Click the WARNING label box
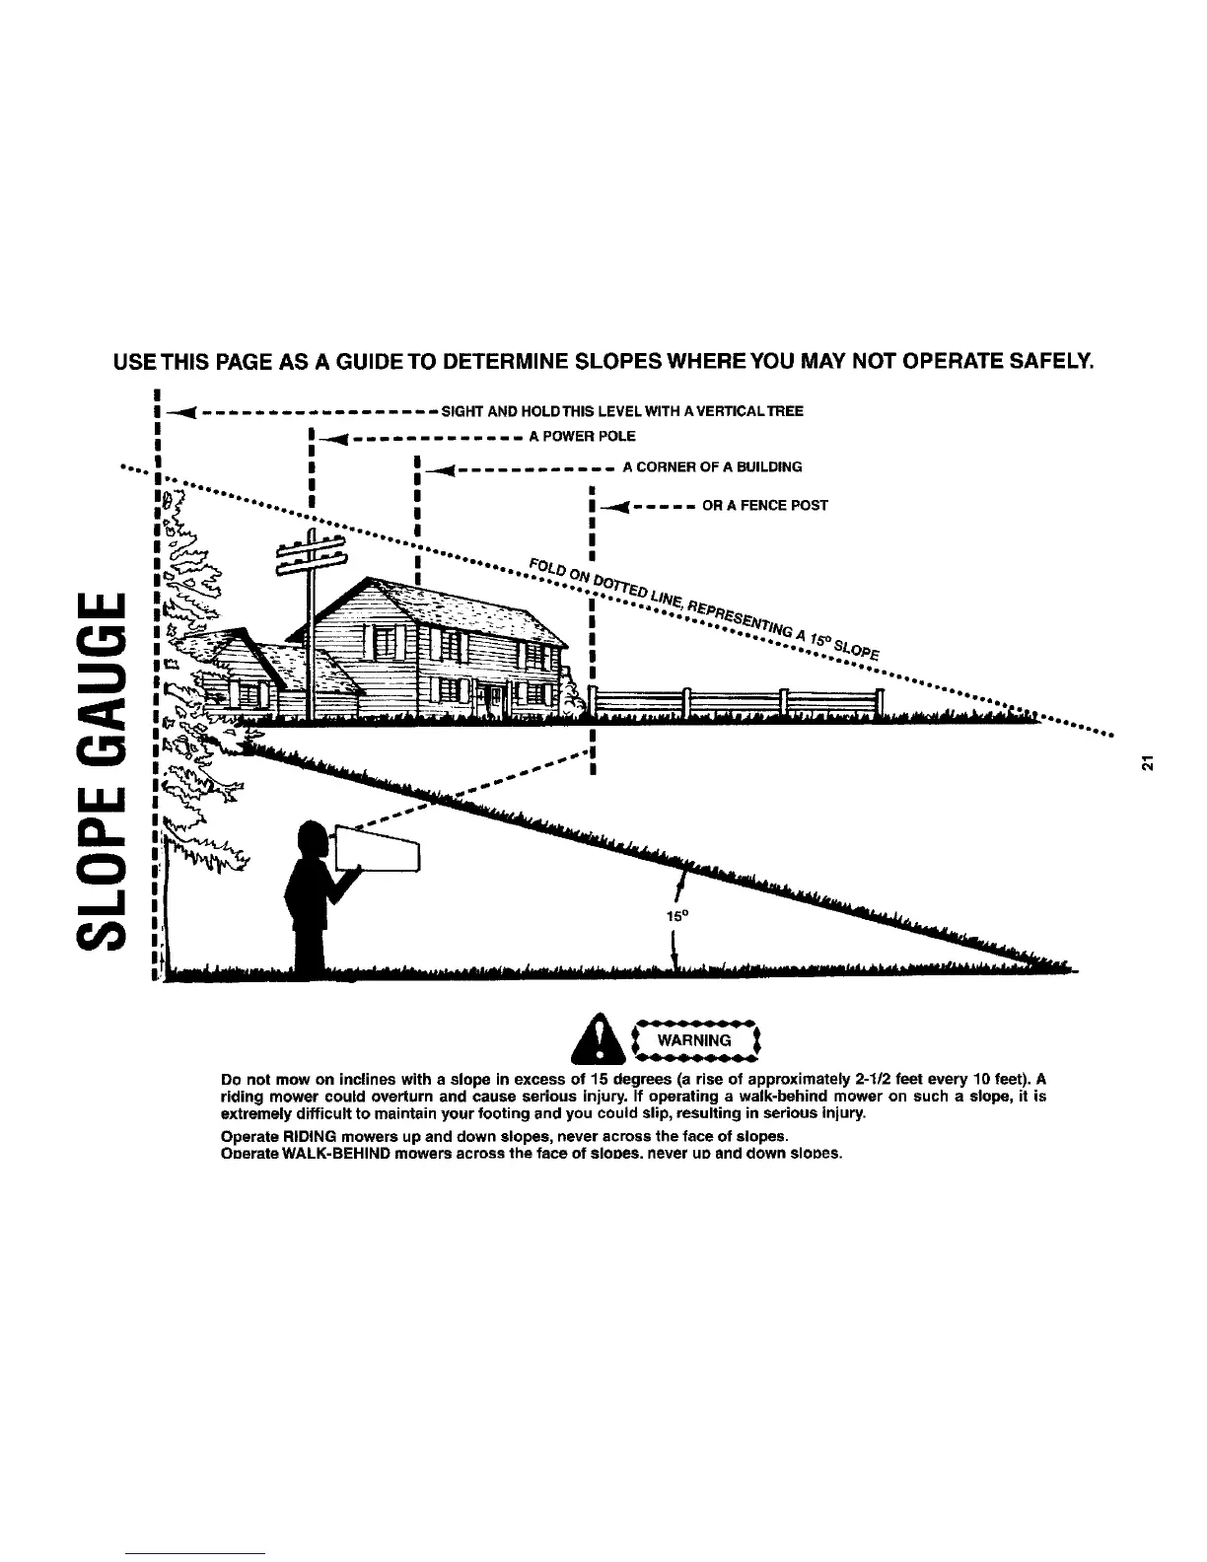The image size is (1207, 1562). (x=695, y=1040)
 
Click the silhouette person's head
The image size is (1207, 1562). (x=313, y=839)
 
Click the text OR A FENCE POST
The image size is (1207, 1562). (x=764, y=506)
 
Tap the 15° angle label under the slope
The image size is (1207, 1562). (x=676, y=915)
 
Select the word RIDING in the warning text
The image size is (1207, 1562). (x=308, y=1136)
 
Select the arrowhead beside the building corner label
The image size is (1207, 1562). (x=442, y=467)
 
